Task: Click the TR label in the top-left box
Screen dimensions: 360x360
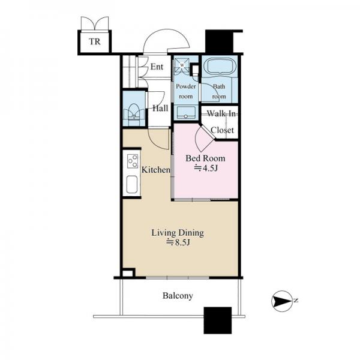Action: [95, 42]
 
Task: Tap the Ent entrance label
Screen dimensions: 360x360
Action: [157, 67]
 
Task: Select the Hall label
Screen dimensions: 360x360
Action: [160, 108]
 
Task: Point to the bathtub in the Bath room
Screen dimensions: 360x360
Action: [219, 66]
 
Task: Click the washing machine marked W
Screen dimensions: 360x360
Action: [182, 65]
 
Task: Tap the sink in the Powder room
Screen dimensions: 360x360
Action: [186, 113]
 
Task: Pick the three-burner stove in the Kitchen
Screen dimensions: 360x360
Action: [133, 161]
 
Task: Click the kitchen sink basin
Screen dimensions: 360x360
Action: [132, 184]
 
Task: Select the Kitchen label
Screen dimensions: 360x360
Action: [156, 170]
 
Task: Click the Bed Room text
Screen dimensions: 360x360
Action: [205, 158]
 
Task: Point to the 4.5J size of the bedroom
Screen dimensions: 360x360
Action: [206, 168]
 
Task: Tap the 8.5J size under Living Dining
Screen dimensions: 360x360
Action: [178, 242]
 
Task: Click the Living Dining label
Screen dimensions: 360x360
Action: [178, 233]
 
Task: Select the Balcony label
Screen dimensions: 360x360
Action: [178, 296]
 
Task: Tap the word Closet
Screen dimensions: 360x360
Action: [222, 130]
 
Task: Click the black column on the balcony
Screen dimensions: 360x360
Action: [218, 320]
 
